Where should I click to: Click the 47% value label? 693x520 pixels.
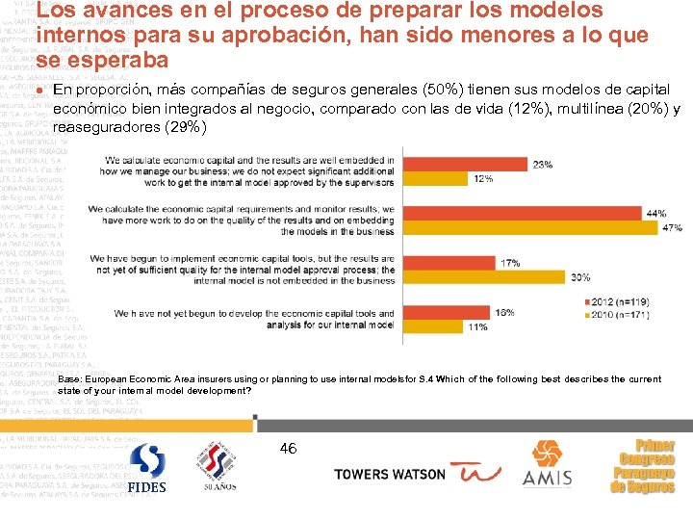672,228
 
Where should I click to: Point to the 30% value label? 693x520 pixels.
580,277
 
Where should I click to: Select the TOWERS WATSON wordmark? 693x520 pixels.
389,474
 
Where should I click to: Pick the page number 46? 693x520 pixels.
288,448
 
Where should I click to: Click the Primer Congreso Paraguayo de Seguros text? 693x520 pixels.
644,466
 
